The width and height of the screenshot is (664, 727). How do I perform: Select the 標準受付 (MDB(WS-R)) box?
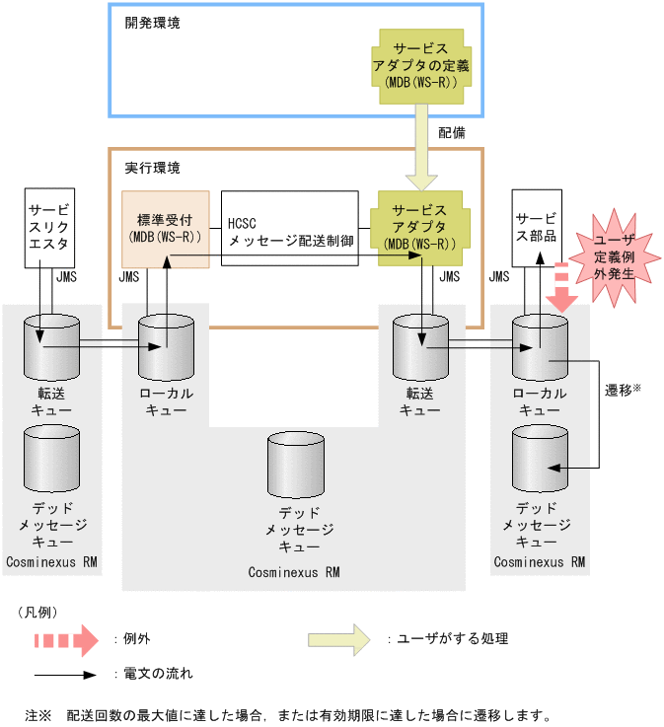pyautogui.click(x=165, y=228)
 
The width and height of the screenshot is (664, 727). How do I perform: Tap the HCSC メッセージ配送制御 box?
pyautogui.click(x=289, y=228)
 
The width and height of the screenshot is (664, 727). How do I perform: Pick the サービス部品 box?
pyautogui.click(x=537, y=226)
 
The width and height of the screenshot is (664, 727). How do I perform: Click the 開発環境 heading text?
pyautogui.click(x=153, y=22)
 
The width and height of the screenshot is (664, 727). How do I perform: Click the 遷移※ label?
pyautogui.click(x=623, y=390)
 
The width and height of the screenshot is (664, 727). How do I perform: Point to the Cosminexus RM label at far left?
pyautogui.click(x=50, y=561)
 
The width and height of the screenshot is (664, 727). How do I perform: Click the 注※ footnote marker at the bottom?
pyautogui.click(x=37, y=713)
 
